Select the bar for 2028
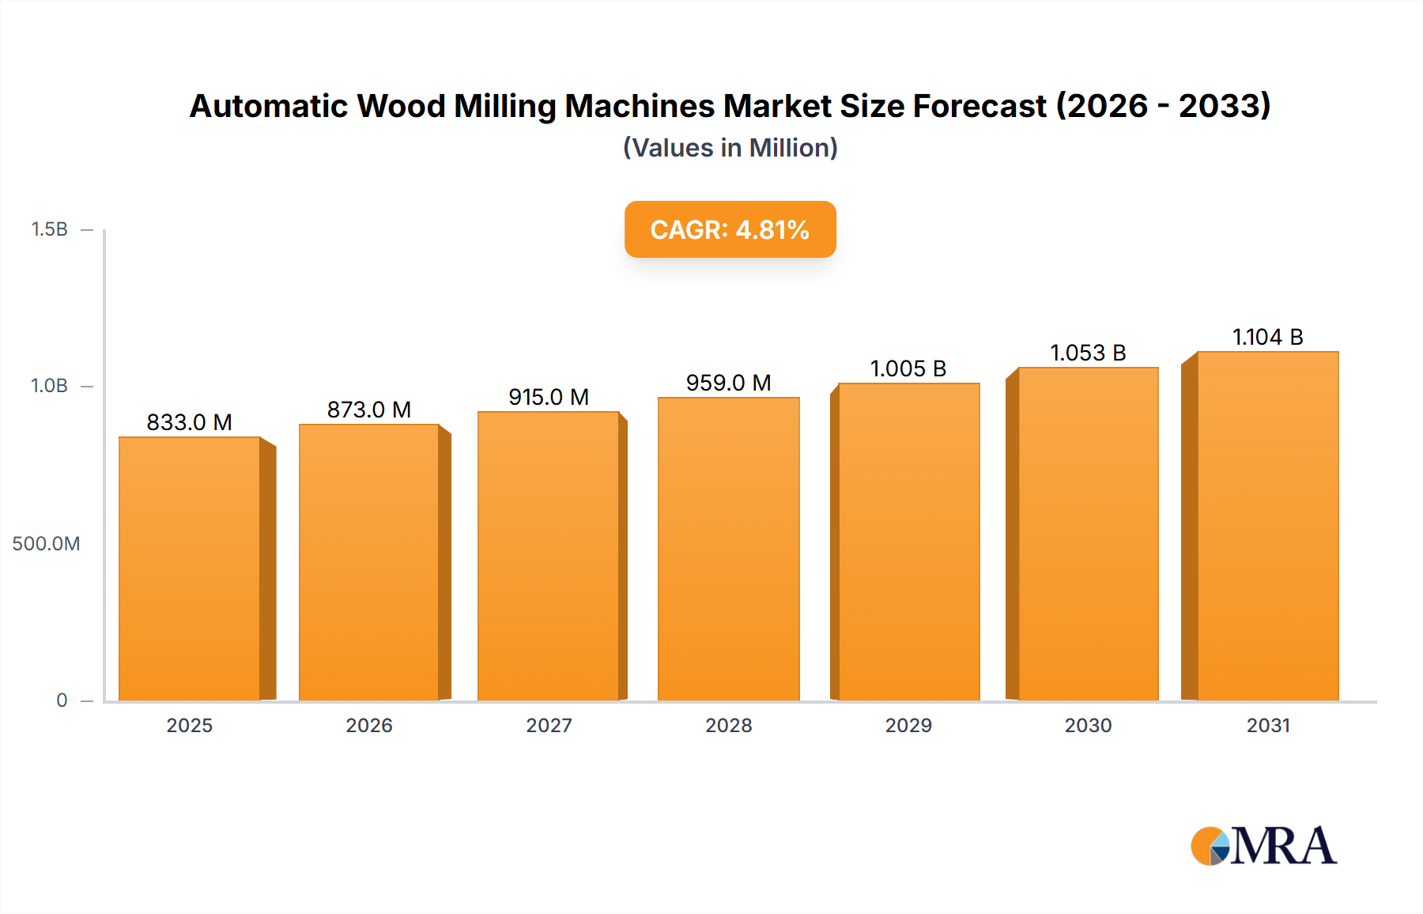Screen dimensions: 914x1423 (x=728, y=549)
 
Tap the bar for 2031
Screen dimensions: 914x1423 (x=1267, y=526)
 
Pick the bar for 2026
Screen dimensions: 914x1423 (x=369, y=562)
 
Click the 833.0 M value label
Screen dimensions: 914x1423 (x=189, y=422)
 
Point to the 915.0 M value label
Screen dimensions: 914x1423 (x=549, y=397)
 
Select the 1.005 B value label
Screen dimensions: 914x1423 (x=908, y=368)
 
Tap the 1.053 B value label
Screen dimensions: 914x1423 (x=1088, y=353)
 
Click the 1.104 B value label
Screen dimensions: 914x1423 (x=1267, y=337)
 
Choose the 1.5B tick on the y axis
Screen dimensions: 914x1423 (x=49, y=229)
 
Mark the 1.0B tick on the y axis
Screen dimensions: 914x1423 (x=49, y=386)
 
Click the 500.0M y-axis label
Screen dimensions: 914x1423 (x=46, y=543)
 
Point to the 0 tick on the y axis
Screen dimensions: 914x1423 (x=62, y=700)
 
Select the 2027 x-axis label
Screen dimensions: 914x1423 (x=549, y=725)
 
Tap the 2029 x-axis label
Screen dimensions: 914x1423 (x=908, y=725)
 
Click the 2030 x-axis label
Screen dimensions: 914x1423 (x=1088, y=725)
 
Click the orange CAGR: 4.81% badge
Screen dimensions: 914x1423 (x=730, y=229)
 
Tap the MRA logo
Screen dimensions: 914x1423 (x=1263, y=846)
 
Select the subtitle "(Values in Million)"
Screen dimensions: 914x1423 (x=730, y=148)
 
